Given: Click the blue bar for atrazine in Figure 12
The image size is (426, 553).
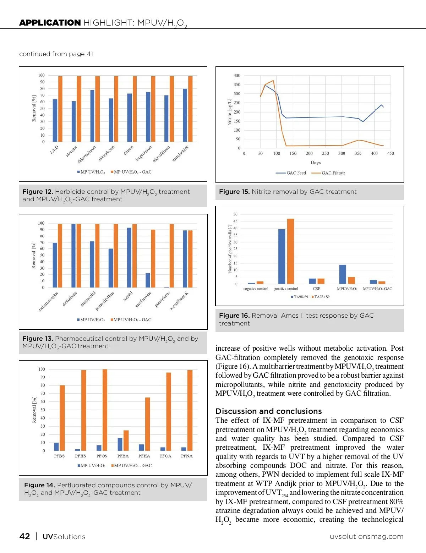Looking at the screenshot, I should click(x=73, y=121).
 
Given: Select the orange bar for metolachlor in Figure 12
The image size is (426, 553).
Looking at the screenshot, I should click(x=190, y=109).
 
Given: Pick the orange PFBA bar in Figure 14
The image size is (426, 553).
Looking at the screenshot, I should click(x=126, y=440).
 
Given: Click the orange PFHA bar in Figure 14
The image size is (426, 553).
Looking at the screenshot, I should click(x=147, y=424).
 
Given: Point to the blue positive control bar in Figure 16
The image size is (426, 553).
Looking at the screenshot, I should click(x=282, y=257).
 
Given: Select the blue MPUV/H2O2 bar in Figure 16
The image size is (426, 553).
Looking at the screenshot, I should click(x=343, y=274).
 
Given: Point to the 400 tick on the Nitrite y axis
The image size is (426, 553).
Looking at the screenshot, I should click(x=237, y=76).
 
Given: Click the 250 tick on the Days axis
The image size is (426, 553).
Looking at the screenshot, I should click(x=325, y=154).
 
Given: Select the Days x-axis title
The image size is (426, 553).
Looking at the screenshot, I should click(x=316, y=163).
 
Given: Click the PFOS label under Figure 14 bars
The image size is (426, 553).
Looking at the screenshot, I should click(x=102, y=456).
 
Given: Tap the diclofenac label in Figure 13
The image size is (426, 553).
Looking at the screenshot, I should click(x=70, y=299).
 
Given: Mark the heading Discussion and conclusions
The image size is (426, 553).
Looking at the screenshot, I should click(x=268, y=411).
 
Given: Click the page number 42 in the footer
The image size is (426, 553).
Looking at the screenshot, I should click(x=24, y=536).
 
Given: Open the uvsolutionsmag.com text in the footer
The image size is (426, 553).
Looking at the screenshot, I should click(x=366, y=537).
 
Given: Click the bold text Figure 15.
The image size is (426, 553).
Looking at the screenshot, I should click(x=234, y=192).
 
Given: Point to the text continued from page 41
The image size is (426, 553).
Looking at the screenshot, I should click(x=56, y=54).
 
